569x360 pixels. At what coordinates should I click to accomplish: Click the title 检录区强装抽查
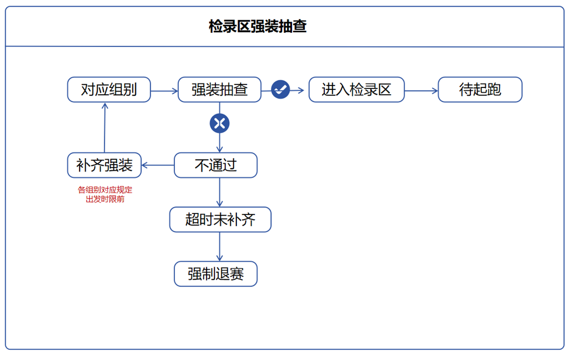(258, 27)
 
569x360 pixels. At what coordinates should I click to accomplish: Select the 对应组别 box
(109, 90)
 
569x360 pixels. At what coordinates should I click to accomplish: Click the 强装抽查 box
(219, 90)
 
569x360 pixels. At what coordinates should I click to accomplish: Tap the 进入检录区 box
(356, 90)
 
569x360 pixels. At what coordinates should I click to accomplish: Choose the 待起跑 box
(480, 90)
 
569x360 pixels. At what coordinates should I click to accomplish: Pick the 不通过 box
(215, 165)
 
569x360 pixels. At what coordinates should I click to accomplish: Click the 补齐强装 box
(104, 165)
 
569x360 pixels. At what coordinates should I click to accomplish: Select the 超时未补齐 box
(220, 220)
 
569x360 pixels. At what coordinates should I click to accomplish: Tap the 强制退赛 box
(215, 274)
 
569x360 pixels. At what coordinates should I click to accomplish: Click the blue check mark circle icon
(281, 90)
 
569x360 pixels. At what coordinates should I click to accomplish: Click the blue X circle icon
(219, 123)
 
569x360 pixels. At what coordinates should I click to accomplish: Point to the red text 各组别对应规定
(105, 190)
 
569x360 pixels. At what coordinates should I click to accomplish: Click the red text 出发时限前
(105, 199)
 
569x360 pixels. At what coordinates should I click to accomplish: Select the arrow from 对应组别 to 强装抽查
(164, 91)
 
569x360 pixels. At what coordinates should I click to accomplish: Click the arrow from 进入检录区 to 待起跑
(421, 91)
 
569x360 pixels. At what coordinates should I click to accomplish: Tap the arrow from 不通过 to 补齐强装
(158, 165)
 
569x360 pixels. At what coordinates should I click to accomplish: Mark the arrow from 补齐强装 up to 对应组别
(105, 127)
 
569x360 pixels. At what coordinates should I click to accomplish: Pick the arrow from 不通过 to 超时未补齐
(220, 192)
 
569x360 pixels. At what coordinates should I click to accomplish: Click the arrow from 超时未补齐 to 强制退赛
(220, 246)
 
